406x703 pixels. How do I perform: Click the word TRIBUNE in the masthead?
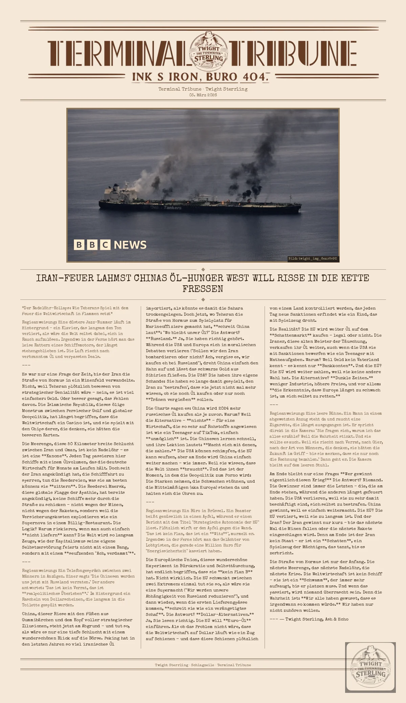click(x=293, y=53)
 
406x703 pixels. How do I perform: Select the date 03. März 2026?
click(x=203, y=95)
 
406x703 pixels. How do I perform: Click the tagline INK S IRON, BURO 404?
click(x=200, y=77)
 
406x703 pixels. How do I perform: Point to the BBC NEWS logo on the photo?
click(x=110, y=245)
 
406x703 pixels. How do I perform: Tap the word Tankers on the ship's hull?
click(x=173, y=208)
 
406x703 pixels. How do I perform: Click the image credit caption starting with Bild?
click(x=312, y=259)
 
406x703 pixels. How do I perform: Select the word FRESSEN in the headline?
click(x=203, y=289)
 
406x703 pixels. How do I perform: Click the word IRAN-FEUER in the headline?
click(x=65, y=278)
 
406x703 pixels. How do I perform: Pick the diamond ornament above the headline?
click(x=203, y=269)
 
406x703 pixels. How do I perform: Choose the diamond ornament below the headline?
click(x=203, y=299)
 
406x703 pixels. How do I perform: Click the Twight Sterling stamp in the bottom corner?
click(x=370, y=668)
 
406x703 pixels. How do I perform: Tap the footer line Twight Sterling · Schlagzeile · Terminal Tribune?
click(x=203, y=665)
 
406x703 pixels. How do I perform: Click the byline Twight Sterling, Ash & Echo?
click(x=317, y=619)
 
